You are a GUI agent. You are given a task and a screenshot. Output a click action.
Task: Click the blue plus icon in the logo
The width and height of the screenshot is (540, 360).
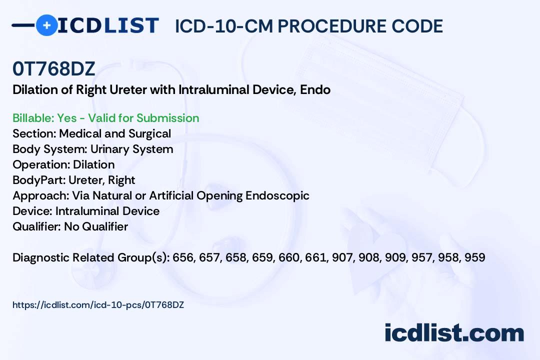(x=46, y=25)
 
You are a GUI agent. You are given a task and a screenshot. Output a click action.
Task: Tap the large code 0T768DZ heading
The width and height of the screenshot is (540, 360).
(x=53, y=68)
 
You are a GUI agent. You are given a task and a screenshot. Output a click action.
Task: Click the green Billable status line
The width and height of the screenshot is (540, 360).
(x=105, y=118)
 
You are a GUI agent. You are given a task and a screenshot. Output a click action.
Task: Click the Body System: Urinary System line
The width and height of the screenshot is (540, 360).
(x=93, y=149)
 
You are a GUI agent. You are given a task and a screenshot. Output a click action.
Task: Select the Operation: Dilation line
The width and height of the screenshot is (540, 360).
(x=63, y=164)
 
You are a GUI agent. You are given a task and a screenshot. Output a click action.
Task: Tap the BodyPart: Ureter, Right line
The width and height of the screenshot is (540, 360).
(x=73, y=180)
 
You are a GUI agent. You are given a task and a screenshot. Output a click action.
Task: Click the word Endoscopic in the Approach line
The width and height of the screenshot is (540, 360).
(x=277, y=195)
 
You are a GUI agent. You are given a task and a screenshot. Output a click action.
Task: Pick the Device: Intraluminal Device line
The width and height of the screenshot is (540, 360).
(x=86, y=211)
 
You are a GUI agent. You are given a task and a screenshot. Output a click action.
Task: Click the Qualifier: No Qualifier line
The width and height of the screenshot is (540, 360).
(x=70, y=226)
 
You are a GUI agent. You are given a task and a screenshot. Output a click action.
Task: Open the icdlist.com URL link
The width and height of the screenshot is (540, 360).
(x=98, y=305)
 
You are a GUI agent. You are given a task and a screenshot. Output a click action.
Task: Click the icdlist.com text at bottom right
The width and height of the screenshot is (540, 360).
(x=454, y=333)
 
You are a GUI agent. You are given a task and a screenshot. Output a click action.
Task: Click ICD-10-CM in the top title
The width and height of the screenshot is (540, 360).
(x=224, y=26)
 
